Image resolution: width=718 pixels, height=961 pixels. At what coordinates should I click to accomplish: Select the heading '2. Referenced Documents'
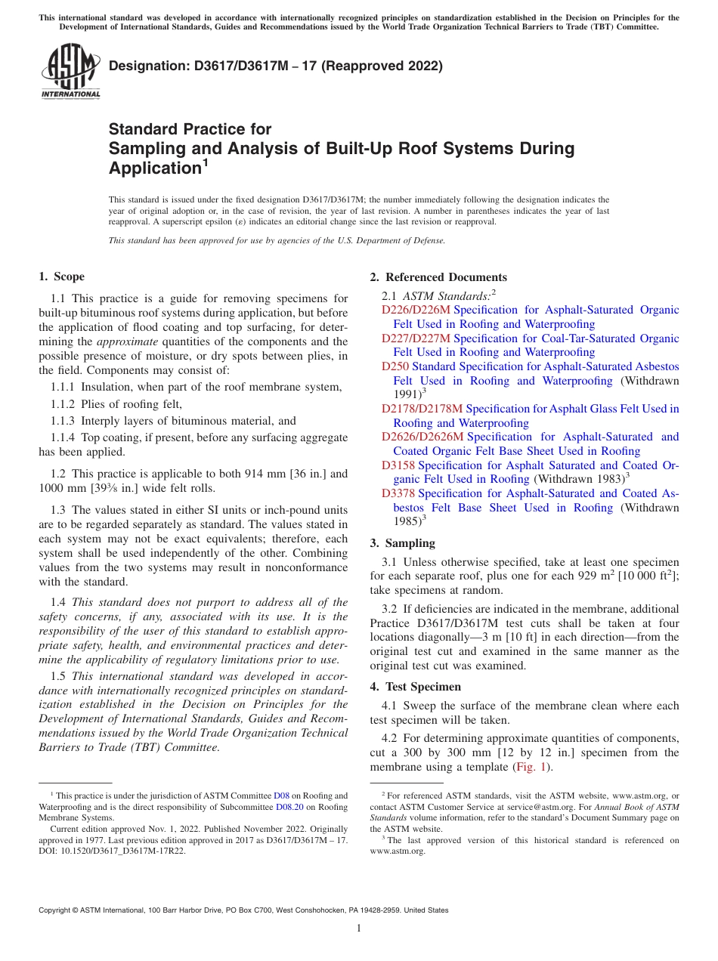(438, 277)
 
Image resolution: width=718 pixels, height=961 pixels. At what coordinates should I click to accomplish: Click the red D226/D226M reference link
(416, 310)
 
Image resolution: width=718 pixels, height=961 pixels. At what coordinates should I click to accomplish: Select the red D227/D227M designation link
(416, 338)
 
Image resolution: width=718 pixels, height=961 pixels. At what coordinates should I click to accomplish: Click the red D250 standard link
(395, 366)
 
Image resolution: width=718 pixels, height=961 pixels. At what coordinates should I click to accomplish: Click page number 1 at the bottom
(359, 928)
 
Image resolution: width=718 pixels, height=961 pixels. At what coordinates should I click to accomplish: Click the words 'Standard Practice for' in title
(190, 129)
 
